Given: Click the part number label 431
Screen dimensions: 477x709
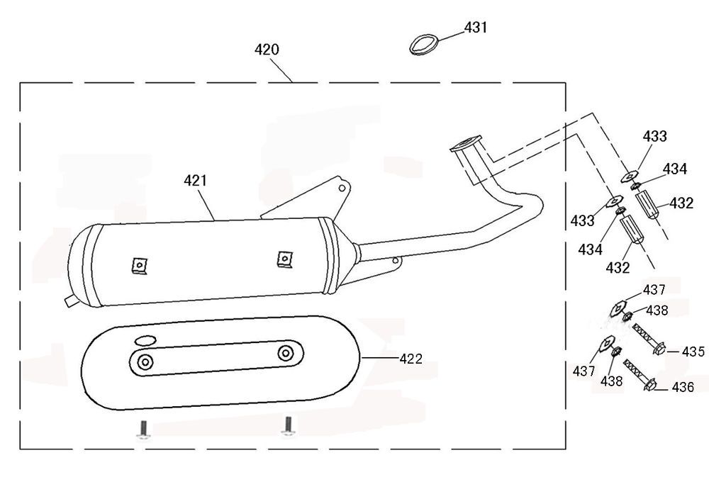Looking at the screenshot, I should click(x=476, y=28).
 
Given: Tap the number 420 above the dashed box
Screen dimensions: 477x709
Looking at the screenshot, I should click(x=267, y=50).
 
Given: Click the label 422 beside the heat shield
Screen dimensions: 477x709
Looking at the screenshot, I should click(x=411, y=359).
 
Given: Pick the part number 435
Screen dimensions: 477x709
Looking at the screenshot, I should click(x=693, y=351).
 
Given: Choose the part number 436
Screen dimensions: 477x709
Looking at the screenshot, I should click(x=683, y=387).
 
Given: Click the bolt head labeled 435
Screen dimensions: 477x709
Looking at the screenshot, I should click(x=658, y=350).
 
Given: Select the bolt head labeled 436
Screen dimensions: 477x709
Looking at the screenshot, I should click(x=650, y=386).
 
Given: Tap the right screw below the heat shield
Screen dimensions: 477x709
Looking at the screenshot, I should click(x=287, y=426).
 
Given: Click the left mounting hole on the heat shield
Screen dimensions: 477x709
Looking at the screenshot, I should click(x=145, y=362).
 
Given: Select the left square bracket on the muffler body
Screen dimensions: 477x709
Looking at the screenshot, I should click(x=139, y=266).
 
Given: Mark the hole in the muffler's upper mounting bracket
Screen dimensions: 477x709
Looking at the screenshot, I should click(x=342, y=189).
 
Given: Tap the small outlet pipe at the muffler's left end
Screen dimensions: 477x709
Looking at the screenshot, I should click(x=70, y=301).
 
